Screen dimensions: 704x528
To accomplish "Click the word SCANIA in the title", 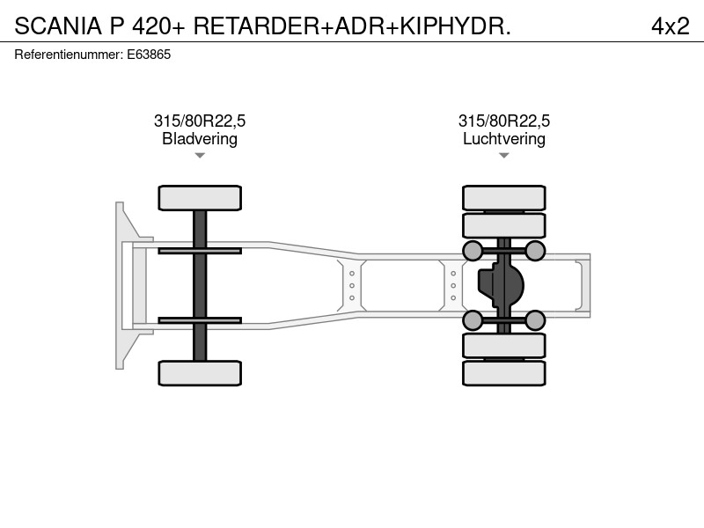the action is pos(58,26).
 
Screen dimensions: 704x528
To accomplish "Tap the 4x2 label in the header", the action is pos(671,26).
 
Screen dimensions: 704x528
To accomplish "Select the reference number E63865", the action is pos(149,55).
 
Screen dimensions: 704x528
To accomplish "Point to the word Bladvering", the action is pos(200,139).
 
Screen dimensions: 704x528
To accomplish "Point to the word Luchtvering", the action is pos(504,139).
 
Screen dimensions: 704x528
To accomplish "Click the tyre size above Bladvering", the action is pos(200,121).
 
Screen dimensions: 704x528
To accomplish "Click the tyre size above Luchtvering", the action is pos(504,121).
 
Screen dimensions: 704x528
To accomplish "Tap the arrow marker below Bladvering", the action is pos(200,156).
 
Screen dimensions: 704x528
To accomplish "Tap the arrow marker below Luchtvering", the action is pos(504,156).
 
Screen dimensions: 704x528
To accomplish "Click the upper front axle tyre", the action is pos(200,198).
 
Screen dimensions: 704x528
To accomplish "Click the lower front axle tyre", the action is pos(200,373).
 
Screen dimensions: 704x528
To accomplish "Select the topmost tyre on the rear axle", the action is pos(504,198).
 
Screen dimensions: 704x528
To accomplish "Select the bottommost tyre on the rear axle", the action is pos(504,373).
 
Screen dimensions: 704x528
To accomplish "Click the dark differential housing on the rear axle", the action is pos(501,285).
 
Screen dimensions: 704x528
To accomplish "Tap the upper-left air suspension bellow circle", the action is pos(473,251).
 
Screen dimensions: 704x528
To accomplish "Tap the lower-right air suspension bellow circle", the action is pos(535,320).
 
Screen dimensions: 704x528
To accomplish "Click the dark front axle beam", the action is pos(200,285).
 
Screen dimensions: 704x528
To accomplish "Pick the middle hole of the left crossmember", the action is pos(352,285).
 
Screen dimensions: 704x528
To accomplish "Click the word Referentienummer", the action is pos(69,55).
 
